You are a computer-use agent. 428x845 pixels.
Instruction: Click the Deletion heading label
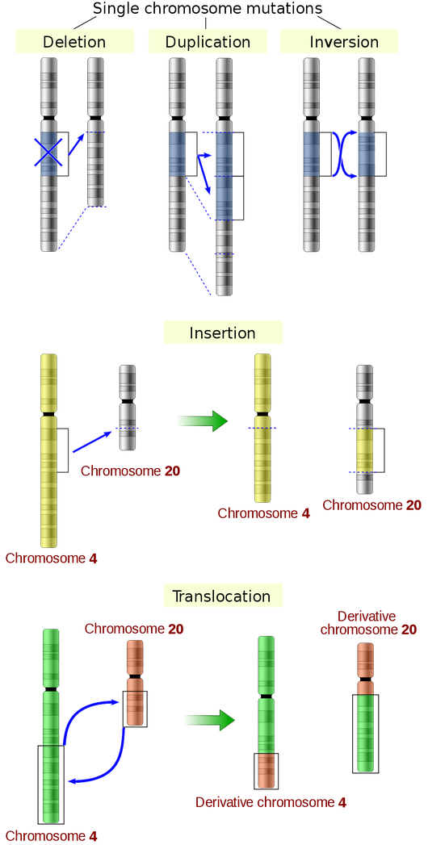pyautogui.click(x=74, y=42)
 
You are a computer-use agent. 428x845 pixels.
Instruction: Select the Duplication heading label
pyautogui.click(x=207, y=42)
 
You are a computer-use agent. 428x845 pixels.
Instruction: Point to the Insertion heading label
pyautogui.click(x=222, y=333)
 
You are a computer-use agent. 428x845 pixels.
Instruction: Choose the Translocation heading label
pyautogui.click(x=222, y=596)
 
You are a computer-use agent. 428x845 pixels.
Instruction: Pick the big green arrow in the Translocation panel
pyautogui.click(x=208, y=720)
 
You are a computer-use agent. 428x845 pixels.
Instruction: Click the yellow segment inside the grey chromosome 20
pyautogui.click(x=365, y=450)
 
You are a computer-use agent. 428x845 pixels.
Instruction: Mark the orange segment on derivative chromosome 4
pyautogui.click(x=266, y=770)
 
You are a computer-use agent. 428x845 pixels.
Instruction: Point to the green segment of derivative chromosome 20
pyautogui.click(x=366, y=733)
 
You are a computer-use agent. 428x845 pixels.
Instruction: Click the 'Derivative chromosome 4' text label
pyautogui.click(x=271, y=802)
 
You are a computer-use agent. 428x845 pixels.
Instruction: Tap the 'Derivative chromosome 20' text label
pyautogui.click(x=368, y=622)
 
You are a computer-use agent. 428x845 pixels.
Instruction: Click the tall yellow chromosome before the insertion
pyautogui.click(x=48, y=452)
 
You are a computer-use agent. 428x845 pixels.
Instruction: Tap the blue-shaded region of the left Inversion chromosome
pyautogui.click(x=311, y=153)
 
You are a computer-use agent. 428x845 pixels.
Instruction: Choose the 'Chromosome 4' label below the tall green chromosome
pyautogui.click(x=52, y=835)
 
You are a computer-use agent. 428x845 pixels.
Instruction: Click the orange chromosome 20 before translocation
pyautogui.click(x=135, y=682)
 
